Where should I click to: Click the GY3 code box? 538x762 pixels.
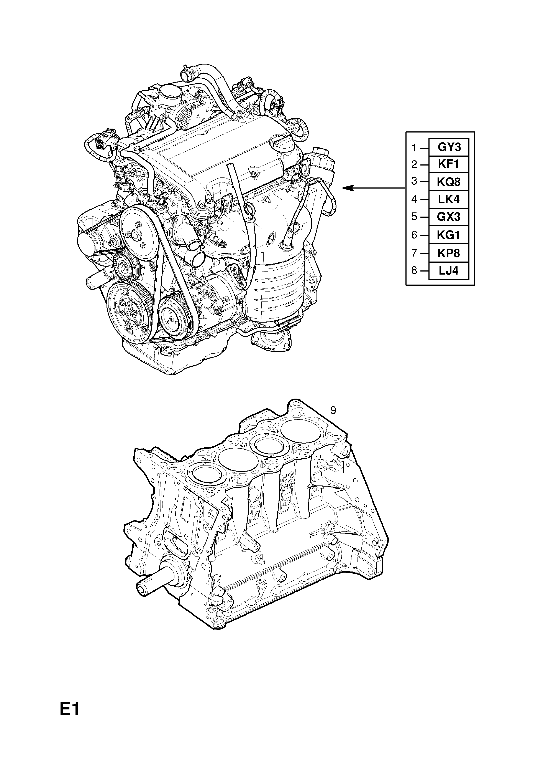click(x=449, y=147)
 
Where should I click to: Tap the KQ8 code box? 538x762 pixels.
click(x=449, y=182)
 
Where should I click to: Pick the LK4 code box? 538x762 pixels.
click(x=449, y=199)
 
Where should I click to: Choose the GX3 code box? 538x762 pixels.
click(x=449, y=217)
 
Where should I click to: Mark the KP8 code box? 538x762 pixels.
click(x=449, y=253)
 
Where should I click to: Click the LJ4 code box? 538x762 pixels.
click(x=449, y=270)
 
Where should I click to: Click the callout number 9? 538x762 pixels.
click(x=333, y=411)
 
